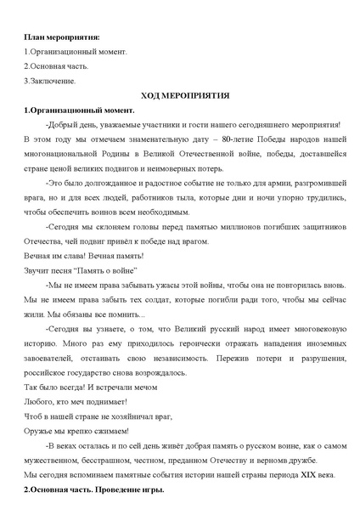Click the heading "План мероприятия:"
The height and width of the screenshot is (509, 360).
pos(61,37)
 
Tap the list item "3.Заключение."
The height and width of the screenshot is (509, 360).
pos(50,81)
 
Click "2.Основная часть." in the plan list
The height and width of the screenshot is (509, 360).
pos(55,66)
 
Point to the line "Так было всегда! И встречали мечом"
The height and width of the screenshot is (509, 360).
pos(84,371)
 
